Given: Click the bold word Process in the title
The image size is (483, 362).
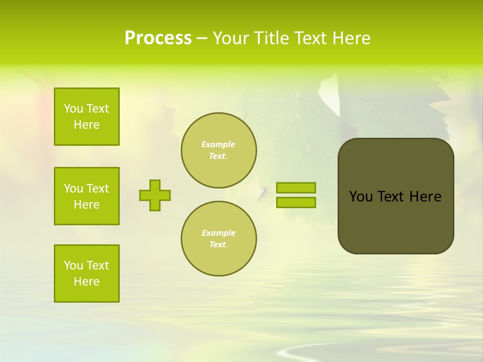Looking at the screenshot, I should [x=158, y=38].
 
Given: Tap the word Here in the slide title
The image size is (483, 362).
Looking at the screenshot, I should [x=351, y=38].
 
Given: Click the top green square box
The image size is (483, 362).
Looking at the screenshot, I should [x=87, y=117].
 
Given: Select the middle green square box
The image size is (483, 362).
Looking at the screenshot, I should [x=87, y=196].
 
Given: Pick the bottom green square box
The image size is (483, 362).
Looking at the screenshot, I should [x=87, y=274].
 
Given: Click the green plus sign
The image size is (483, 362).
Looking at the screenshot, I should [x=155, y=195].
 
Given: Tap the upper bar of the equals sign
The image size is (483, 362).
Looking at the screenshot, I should [x=296, y=188].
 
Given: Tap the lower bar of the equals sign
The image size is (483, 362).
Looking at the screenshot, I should [x=296, y=203].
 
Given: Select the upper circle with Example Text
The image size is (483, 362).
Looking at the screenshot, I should [x=219, y=150].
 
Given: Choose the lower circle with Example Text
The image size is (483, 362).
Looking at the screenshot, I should [x=219, y=239].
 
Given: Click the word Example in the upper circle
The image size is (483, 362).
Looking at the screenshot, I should [x=218, y=144].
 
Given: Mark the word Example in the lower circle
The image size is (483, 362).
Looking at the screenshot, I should [x=218, y=233].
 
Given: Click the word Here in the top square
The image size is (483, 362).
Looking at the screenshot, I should [x=87, y=125].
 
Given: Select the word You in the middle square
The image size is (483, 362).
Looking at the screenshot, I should [x=73, y=189].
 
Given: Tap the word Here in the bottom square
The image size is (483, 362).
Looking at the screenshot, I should [x=87, y=282].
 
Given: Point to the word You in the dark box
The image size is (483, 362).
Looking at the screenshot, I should [x=360, y=197].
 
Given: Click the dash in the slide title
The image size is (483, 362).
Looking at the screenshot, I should [x=202, y=38].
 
